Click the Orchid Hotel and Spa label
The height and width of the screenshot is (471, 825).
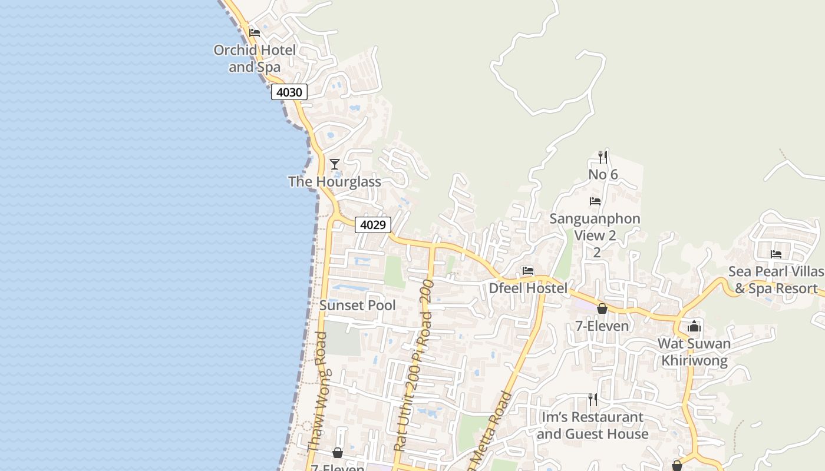255,58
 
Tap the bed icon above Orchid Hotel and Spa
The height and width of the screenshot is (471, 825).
255,33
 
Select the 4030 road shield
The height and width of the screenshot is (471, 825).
289,92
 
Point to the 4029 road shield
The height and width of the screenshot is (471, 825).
372,224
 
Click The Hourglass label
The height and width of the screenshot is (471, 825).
334,181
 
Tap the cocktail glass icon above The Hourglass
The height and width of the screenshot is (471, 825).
334,164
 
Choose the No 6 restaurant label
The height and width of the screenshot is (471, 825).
603,174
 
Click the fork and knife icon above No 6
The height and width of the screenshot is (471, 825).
603,157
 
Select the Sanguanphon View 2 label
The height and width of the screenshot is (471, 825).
595,227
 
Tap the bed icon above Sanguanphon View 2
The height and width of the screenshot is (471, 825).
595,201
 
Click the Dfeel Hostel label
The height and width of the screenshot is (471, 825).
528,288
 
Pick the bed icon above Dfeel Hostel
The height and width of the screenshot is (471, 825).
528,271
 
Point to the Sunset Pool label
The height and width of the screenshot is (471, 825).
357,305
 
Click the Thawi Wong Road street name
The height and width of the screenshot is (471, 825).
319,392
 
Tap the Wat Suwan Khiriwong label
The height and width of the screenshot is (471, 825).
694,351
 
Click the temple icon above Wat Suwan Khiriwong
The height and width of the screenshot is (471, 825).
694,326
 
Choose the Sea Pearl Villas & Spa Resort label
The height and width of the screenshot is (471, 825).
776,280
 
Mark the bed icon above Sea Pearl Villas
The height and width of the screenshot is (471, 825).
776,254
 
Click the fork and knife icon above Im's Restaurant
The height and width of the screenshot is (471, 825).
592,400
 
